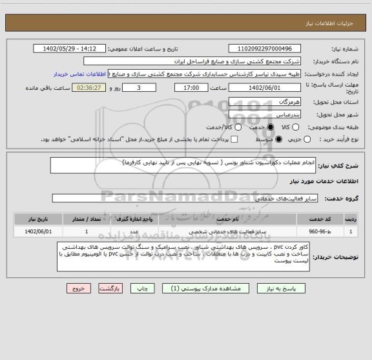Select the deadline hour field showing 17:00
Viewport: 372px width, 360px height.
click(x=191, y=87)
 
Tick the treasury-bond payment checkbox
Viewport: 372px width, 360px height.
click(x=234, y=140)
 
